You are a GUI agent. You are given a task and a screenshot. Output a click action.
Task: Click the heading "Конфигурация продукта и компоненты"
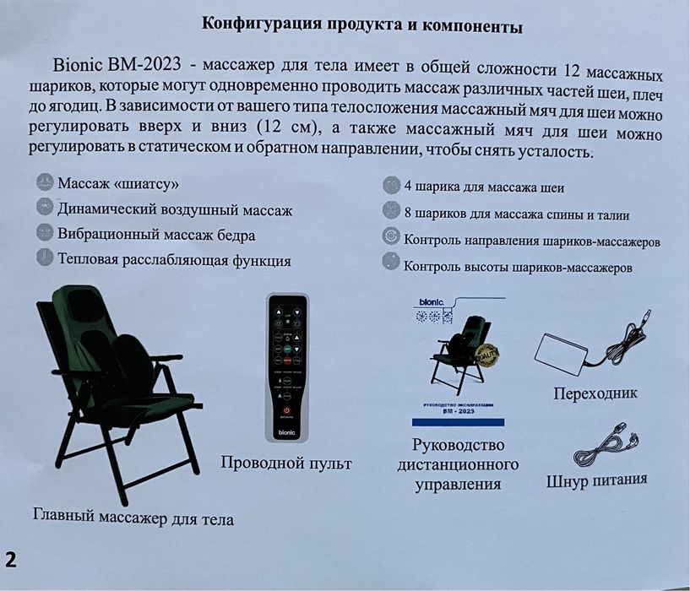pos(362,25)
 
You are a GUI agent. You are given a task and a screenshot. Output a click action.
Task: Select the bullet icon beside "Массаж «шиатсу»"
pos(45,182)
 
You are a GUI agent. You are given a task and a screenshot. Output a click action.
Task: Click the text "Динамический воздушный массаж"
pos(175,209)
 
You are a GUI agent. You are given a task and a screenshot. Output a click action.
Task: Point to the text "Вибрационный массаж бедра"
pos(156,234)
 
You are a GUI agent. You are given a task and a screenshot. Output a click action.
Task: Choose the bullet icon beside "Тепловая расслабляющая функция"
pos(45,257)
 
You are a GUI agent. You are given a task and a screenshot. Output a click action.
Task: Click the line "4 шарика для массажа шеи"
pos(485,187)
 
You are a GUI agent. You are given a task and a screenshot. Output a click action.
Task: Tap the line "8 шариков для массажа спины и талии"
pos(517,214)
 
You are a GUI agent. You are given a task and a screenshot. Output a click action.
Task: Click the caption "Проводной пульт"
pos(285,463)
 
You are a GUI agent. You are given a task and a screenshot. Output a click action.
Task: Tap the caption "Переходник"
pos(595,393)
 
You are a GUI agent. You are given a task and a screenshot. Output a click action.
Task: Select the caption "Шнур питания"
pos(596,480)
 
